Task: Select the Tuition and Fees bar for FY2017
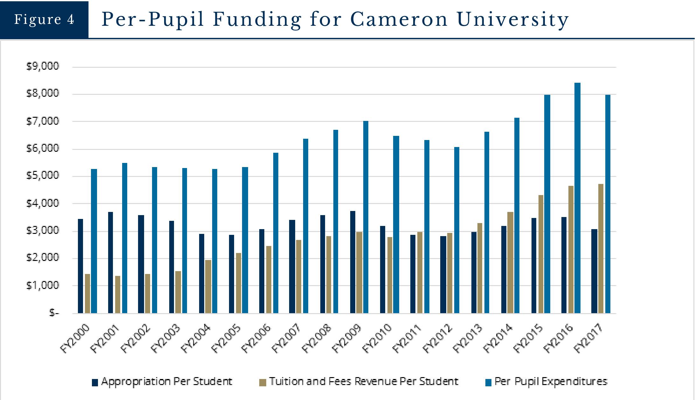[601, 249]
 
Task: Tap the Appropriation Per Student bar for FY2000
[80, 266]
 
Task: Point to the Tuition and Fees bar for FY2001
[118, 294]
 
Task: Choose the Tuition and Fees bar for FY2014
[510, 263]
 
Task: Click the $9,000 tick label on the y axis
[43, 66]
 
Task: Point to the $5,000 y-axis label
[43, 175]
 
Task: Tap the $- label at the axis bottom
[54, 313]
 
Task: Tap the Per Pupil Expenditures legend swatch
[488, 382]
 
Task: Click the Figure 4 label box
[44, 19]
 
